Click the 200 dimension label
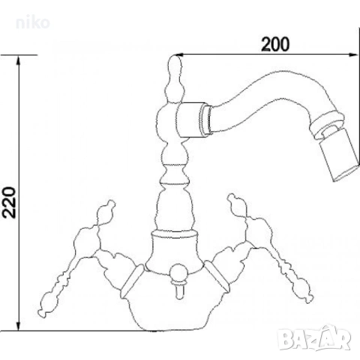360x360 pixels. (275, 44)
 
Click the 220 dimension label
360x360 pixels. (10, 202)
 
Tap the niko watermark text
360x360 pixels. (33, 23)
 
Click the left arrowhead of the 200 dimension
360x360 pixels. (178, 55)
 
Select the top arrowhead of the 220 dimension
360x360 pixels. (18, 60)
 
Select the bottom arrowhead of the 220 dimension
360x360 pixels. (18, 325)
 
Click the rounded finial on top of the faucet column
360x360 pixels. (174, 65)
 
